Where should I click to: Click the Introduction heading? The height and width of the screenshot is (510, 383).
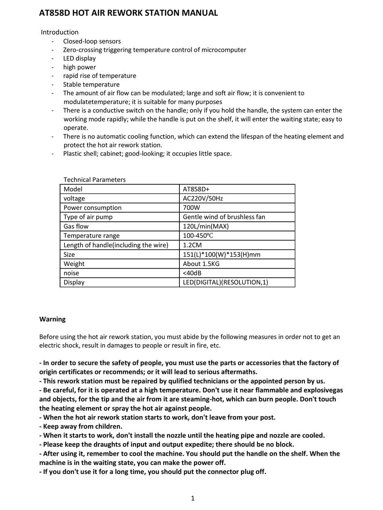pyautogui.click(x=60, y=32)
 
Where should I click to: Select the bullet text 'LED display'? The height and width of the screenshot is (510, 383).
pyautogui.click(x=79, y=58)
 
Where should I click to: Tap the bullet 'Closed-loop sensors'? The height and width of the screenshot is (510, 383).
pyautogui.click(x=92, y=41)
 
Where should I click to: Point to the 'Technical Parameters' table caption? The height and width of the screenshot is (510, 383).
pyautogui.click(x=95, y=180)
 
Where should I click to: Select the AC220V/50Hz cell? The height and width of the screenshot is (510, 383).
pyautogui.click(x=203, y=198)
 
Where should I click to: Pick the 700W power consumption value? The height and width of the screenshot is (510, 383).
pyautogui.click(x=191, y=208)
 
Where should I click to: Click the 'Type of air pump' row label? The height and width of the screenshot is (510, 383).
pyautogui.click(x=88, y=217)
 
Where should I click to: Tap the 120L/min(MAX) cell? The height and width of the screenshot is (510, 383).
pyautogui.click(x=206, y=226)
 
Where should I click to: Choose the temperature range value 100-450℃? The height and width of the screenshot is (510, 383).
pyautogui.click(x=200, y=235)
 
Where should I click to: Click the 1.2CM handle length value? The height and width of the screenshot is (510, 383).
pyautogui.click(x=193, y=245)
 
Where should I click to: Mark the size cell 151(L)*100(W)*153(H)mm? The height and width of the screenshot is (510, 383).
pyautogui.click(x=222, y=254)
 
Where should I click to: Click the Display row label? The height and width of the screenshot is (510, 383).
pyautogui.click(x=74, y=282)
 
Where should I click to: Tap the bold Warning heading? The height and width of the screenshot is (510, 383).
pyautogui.click(x=52, y=319)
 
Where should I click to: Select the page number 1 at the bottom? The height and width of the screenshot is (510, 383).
pyautogui.click(x=193, y=498)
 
